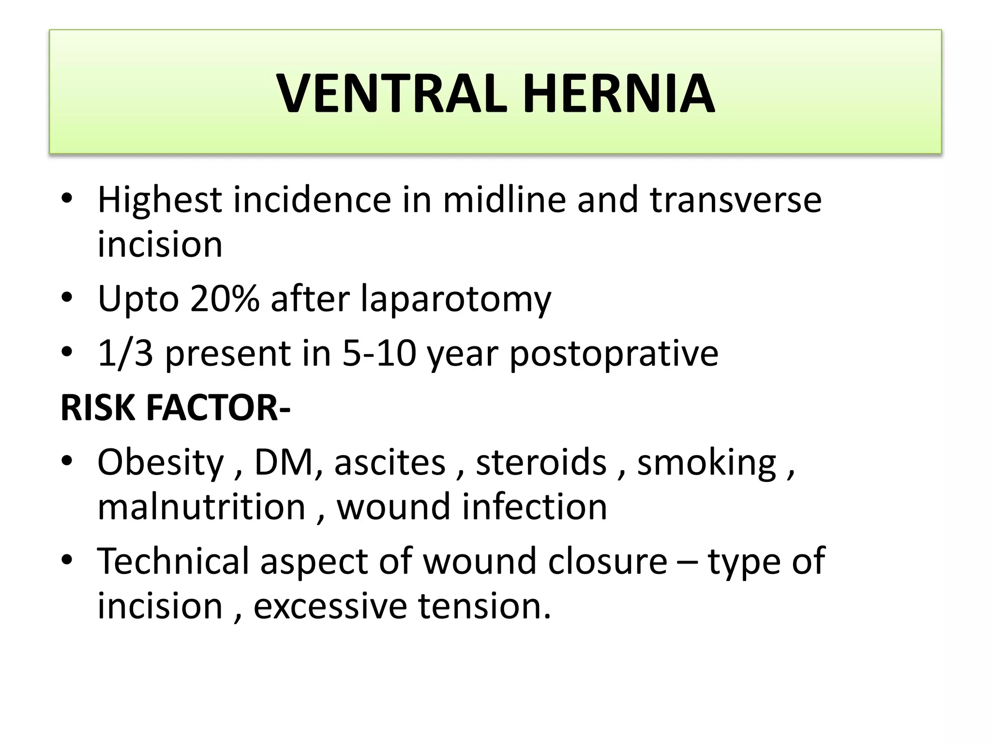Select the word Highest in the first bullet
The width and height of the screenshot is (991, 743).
pos(160,200)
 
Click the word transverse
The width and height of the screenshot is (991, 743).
pos(736,200)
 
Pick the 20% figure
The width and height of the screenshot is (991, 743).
pos(225,299)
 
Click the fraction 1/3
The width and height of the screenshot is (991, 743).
pos(125,353)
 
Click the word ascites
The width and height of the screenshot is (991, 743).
pos(390,462)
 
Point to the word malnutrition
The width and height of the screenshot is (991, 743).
pos(201,507)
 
